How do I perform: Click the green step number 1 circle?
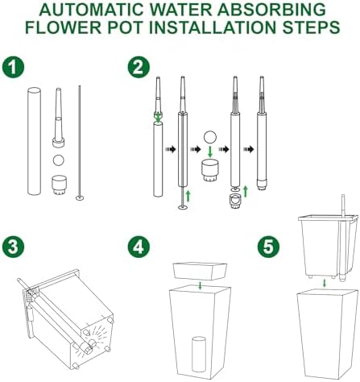13,67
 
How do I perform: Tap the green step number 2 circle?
139,67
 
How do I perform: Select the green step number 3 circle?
13,247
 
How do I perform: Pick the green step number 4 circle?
139,247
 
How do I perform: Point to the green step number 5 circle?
268,247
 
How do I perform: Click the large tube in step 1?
34,141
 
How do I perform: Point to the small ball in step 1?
59,160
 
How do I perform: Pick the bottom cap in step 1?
59,185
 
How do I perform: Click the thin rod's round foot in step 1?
80,198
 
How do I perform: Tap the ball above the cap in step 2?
210,137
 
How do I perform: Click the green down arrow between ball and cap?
210,152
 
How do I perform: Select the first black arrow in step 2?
170,149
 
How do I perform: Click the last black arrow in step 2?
249,149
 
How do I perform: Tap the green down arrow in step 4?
200,285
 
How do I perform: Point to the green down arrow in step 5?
325,283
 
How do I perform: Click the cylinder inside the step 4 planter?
199,354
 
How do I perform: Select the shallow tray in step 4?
201,272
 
